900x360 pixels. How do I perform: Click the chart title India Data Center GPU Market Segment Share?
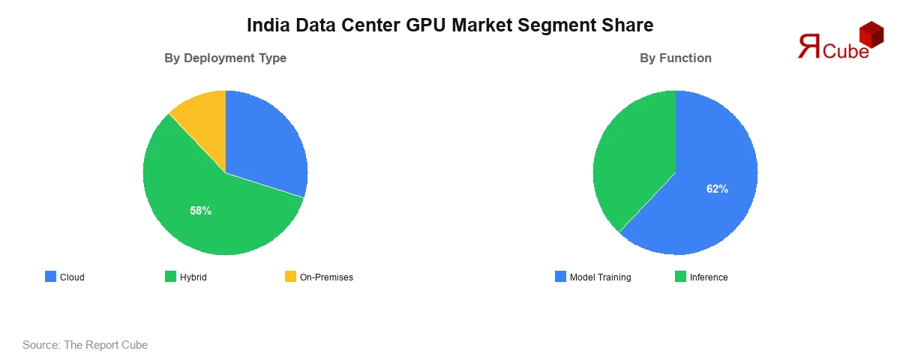coord(450,25)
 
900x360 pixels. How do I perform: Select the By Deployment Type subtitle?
coord(225,58)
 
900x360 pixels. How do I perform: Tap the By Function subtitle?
coord(675,58)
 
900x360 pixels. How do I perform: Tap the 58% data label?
coord(200,211)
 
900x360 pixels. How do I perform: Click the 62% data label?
coord(717,189)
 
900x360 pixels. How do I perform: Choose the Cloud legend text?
coord(72,277)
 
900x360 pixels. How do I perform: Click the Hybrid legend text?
coord(193,277)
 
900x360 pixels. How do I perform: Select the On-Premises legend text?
coord(326,277)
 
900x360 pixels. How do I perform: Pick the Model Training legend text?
coord(600,277)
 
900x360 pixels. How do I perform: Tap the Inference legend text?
coord(709,277)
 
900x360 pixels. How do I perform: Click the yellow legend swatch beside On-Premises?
coord(290,277)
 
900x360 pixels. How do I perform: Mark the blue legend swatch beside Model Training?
coord(560,277)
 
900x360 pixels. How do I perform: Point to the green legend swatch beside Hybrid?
coord(170,277)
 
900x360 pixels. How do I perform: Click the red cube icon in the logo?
coord(871,34)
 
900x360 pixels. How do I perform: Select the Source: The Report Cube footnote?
coord(85,345)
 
